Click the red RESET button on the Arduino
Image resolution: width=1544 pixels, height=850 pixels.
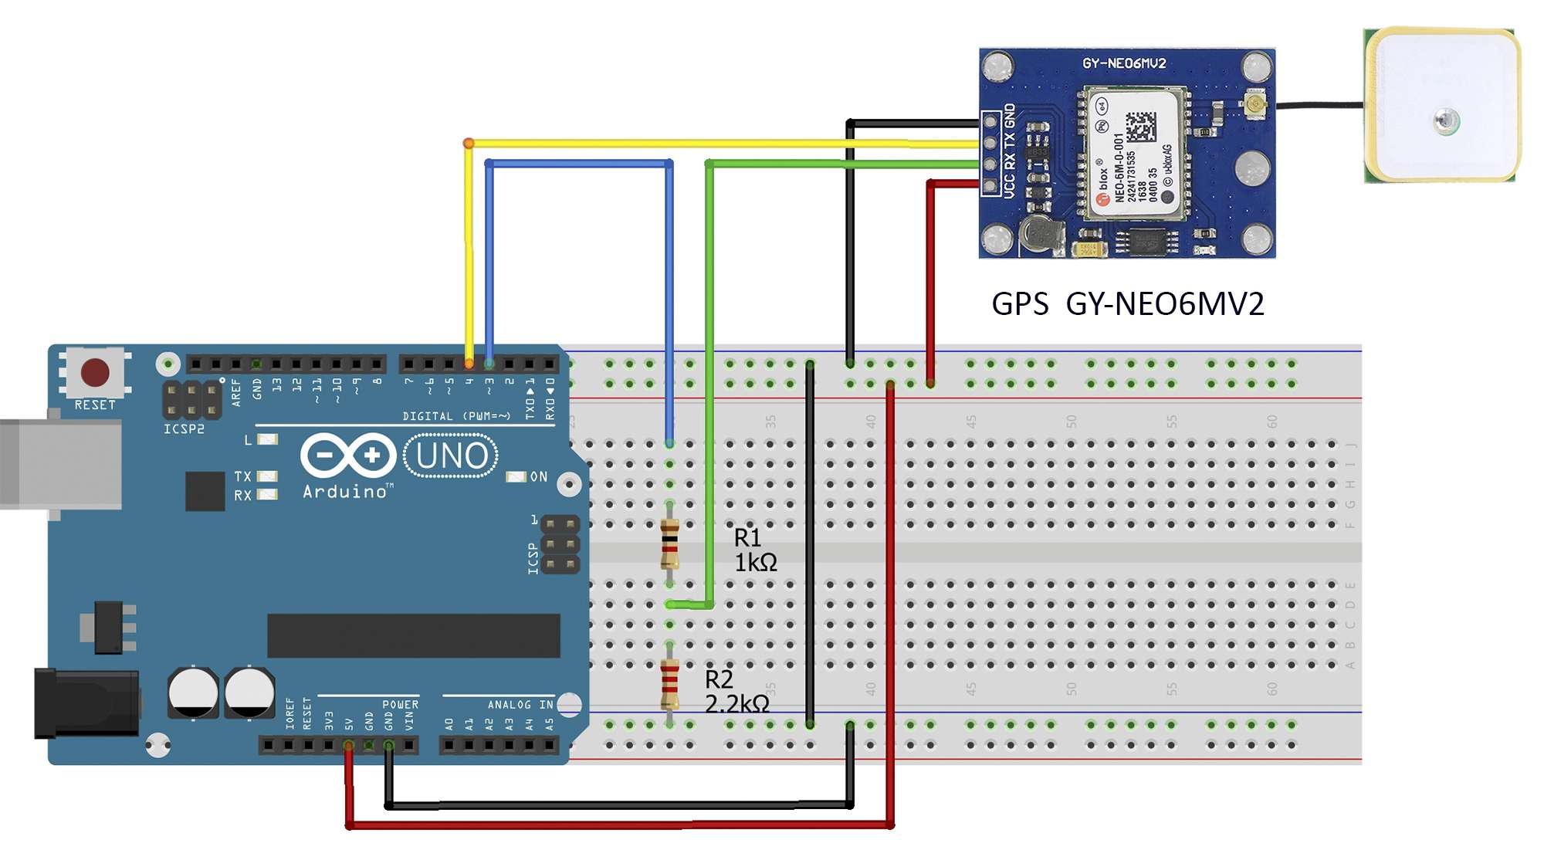coord(95,372)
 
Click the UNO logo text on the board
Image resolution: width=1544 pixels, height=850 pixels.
coord(452,455)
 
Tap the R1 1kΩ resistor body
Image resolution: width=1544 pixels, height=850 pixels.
coord(669,544)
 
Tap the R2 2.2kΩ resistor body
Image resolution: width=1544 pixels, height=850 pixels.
coord(669,684)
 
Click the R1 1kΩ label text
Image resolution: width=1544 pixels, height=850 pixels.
coord(755,550)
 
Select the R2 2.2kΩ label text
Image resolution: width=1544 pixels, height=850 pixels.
coord(736,692)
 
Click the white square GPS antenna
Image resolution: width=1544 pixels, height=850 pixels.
coord(1442,105)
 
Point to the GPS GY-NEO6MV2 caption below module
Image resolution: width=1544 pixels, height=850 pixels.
coord(1127,304)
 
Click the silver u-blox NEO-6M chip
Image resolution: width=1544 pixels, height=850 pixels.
coord(1133,153)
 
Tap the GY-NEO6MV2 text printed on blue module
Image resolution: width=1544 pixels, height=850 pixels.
coord(1123,63)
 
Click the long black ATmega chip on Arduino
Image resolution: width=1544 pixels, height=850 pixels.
coord(413,635)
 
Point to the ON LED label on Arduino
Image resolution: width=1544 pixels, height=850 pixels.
coord(538,477)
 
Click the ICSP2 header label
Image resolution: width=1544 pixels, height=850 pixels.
coord(184,429)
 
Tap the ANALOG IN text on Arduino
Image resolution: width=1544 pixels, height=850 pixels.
coord(520,705)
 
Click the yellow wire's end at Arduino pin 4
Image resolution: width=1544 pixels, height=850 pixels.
coord(469,363)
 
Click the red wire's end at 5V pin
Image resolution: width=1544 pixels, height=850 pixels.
coord(349,745)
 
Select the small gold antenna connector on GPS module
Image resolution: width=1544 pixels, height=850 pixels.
coord(1254,103)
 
